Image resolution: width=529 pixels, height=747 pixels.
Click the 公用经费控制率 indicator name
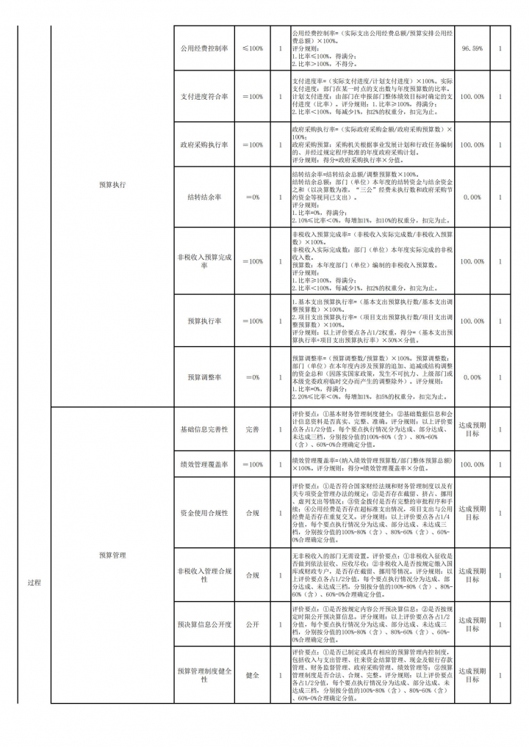pyautogui.click(x=204, y=48)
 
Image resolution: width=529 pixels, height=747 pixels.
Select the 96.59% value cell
pyautogui.click(x=472, y=48)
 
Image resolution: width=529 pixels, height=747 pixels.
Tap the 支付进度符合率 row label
pyautogui.click(x=204, y=96)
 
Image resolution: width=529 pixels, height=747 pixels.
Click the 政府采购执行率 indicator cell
pyautogui.click(x=204, y=145)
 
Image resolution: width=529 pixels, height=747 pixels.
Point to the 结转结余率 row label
pyautogui.click(x=204, y=197)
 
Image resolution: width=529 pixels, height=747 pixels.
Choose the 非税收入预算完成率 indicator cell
pyautogui.click(x=204, y=261)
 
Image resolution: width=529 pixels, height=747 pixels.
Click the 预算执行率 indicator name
pyautogui.click(x=204, y=321)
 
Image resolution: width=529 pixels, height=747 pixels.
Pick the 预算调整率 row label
pyautogui.click(x=204, y=377)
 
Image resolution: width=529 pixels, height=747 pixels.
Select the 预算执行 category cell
pyautogui.click(x=112, y=185)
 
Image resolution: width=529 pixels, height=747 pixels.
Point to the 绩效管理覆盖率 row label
pyautogui.click(x=204, y=464)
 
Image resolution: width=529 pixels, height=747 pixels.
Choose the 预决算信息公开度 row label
pyautogui.click(x=204, y=624)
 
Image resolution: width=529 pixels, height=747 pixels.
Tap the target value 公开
pyautogui.click(x=252, y=624)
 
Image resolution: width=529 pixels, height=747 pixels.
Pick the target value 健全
pyautogui.click(x=252, y=675)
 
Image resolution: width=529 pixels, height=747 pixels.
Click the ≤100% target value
pyautogui.click(x=252, y=48)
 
